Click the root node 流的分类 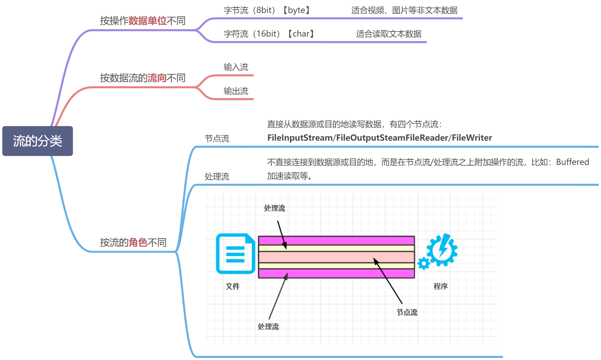pyautogui.click(x=38, y=141)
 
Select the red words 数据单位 pyautogui.click(x=148, y=21)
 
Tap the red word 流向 pyautogui.click(x=157, y=78)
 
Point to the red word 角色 pyautogui.click(x=138, y=243)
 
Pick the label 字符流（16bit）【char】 pyautogui.click(x=269, y=34)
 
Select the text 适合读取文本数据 pyautogui.click(x=388, y=34)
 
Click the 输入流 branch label pyautogui.click(x=236, y=67)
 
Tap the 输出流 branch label pyautogui.click(x=236, y=91)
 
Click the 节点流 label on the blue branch pyautogui.click(x=217, y=139)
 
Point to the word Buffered pyautogui.click(x=572, y=162)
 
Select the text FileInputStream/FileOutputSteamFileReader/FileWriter pyautogui.click(x=380, y=138)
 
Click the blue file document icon pyautogui.click(x=235, y=254)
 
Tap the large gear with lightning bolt pyautogui.click(x=443, y=250)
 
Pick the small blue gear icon pyautogui.click(x=424, y=263)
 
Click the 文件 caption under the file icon pyautogui.click(x=233, y=286)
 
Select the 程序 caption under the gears pyautogui.click(x=440, y=286)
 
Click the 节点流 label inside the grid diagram pyautogui.click(x=407, y=312)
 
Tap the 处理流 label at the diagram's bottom pyautogui.click(x=268, y=327)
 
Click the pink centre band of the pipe pyautogui.click(x=336, y=257)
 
